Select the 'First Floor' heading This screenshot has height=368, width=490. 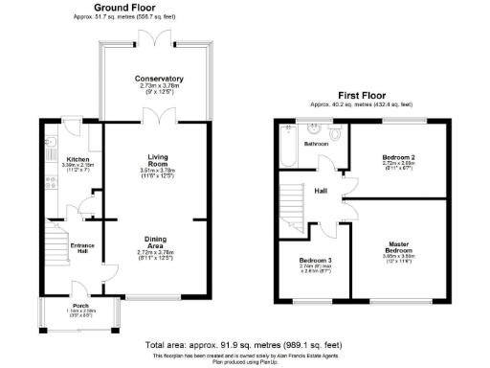[362, 95]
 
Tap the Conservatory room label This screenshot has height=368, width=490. [158, 79]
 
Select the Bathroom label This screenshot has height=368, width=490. [317, 144]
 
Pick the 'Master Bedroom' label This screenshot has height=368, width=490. [397, 247]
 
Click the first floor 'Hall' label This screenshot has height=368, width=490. [322, 191]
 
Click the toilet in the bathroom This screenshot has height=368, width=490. [337, 131]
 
